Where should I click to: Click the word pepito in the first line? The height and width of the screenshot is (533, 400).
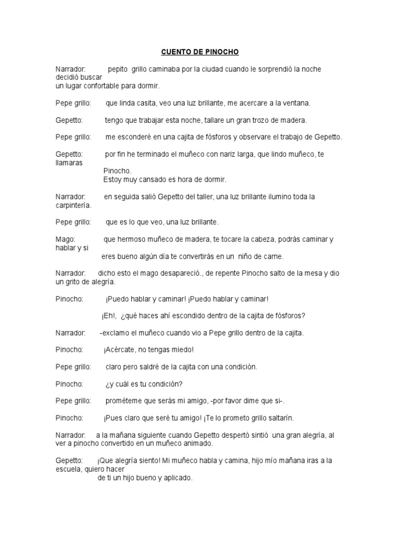click(118, 69)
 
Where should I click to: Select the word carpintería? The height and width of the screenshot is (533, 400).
click(73, 205)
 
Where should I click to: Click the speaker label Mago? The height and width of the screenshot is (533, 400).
click(66, 239)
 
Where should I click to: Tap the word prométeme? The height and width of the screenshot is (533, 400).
click(123, 401)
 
